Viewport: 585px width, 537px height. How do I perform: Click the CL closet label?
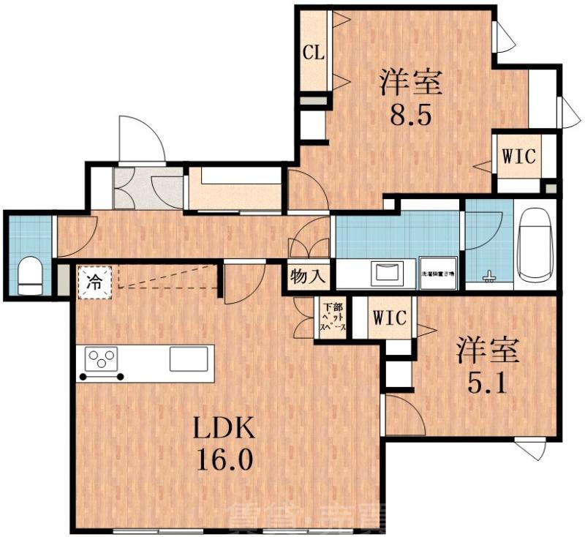click(x=314, y=53)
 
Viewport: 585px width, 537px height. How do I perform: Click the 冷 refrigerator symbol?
click(x=94, y=281)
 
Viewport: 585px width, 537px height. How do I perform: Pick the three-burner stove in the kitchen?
click(x=102, y=360)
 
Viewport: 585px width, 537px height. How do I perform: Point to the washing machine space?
click(x=437, y=273)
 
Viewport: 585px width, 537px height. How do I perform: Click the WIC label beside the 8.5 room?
click(x=518, y=155)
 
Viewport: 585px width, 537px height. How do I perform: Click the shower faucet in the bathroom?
click(x=488, y=277)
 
